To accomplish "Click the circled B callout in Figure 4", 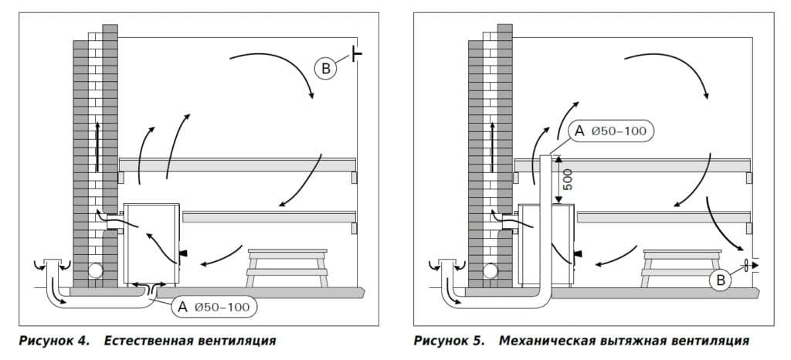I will (325, 70).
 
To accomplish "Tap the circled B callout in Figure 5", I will (720, 280).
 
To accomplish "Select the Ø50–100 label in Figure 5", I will (618, 131).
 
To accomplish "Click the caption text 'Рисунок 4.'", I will (53, 340).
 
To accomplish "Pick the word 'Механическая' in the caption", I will (543, 340).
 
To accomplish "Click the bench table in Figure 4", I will (287, 265).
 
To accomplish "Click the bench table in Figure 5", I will (682, 265).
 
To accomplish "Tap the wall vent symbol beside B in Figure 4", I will (357, 53).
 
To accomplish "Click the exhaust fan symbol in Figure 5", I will (746, 266).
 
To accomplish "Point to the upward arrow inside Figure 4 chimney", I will (97, 147).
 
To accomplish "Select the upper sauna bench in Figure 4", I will (237, 164).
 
